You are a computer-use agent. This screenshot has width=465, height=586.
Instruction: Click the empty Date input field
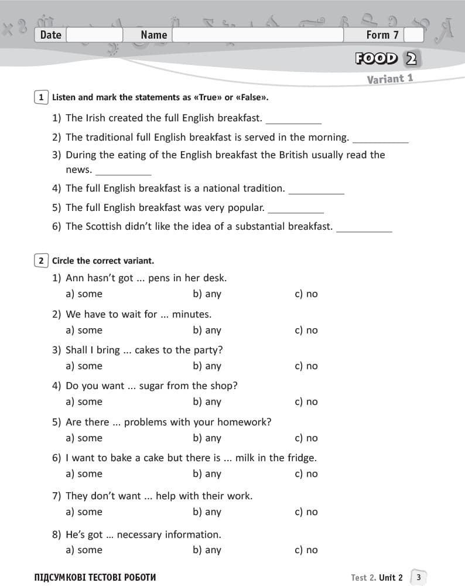coord(94,35)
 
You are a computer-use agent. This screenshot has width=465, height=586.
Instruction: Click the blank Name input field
coord(258,35)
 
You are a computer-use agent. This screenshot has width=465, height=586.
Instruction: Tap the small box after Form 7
coord(413,35)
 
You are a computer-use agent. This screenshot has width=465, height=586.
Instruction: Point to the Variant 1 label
coord(390,79)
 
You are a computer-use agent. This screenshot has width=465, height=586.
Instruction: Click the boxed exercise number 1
coord(41,97)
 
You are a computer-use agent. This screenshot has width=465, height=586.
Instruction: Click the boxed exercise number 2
coord(41,261)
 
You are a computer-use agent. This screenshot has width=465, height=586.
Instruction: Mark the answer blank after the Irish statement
coord(293,120)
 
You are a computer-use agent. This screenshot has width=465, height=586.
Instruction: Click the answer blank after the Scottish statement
coord(364,228)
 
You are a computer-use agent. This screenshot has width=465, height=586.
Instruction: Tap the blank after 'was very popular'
coord(296,209)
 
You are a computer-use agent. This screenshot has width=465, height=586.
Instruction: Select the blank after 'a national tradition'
coord(316,190)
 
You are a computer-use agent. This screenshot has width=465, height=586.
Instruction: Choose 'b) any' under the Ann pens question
coord(207,294)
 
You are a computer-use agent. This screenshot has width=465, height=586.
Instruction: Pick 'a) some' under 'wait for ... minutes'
coord(84,331)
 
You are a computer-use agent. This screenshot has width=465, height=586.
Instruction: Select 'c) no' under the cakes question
coord(306,366)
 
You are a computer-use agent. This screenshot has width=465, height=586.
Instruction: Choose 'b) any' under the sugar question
coord(207,402)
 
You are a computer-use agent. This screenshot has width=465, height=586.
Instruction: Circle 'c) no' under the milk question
coord(306,474)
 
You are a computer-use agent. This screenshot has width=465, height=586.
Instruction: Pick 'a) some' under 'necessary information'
coord(84,550)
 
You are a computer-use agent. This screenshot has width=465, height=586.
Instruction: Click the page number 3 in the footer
coord(418,577)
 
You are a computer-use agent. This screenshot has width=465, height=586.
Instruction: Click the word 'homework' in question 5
coord(248,422)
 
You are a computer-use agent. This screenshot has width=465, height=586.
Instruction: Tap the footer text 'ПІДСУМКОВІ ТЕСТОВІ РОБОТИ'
coord(95,577)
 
